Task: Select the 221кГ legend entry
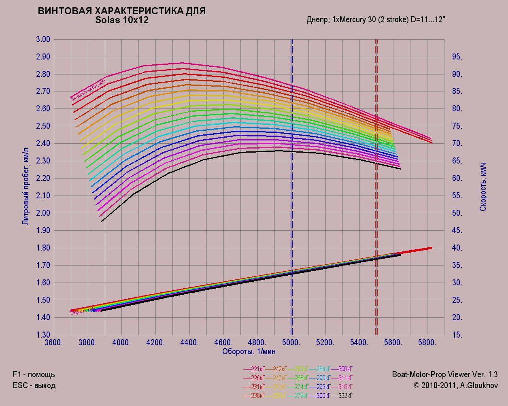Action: (258, 369)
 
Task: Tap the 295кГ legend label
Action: (323, 387)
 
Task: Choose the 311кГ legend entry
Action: (345, 378)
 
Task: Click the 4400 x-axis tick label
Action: (189, 342)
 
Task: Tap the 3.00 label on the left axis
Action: (43, 40)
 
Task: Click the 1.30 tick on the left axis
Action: (43, 335)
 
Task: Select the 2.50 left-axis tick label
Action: (43, 126)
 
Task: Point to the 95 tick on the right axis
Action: (457, 57)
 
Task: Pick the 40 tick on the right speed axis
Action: (457, 248)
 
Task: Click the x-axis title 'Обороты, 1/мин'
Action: (249, 351)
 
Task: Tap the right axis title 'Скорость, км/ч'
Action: (483, 187)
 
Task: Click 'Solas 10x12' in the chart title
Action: (122, 20)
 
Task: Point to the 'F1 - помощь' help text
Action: (34, 374)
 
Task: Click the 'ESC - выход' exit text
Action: (34, 385)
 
